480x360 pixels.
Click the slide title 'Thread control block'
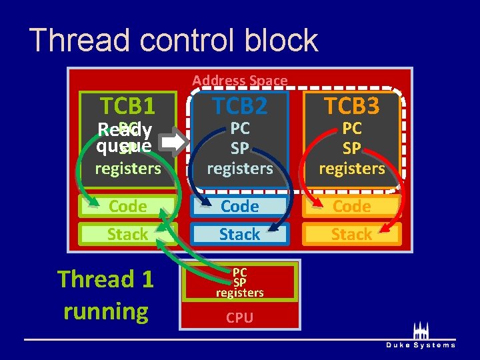[174, 40]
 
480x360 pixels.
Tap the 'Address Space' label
[240, 81]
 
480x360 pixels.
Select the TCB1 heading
[127, 105]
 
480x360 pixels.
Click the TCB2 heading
[239, 105]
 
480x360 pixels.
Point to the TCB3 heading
[351, 105]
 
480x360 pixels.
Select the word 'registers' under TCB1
[128, 168]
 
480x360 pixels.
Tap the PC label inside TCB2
[239, 129]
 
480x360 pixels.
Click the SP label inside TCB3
[351, 148]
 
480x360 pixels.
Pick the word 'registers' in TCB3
[351, 168]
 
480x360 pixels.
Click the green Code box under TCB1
[127, 207]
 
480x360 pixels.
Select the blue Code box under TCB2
[239, 207]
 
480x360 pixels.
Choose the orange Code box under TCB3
[351, 207]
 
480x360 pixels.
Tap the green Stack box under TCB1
[127, 234]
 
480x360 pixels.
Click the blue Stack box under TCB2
[239, 234]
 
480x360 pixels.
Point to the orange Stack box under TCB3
[351, 234]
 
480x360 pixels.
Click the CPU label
[239, 318]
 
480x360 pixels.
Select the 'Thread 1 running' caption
[105, 295]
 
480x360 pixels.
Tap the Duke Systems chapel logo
[421, 331]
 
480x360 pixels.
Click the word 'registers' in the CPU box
[239, 292]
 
